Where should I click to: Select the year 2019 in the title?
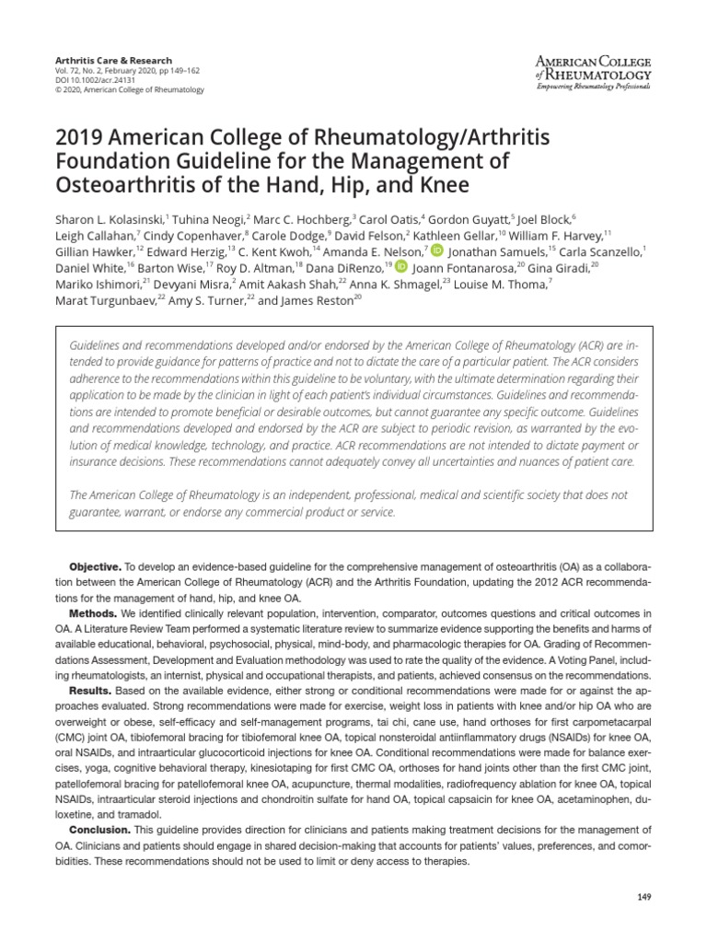point(80,138)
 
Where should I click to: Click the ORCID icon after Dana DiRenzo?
point(400,267)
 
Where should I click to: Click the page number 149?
point(643,897)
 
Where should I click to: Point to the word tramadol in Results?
point(142,814)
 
